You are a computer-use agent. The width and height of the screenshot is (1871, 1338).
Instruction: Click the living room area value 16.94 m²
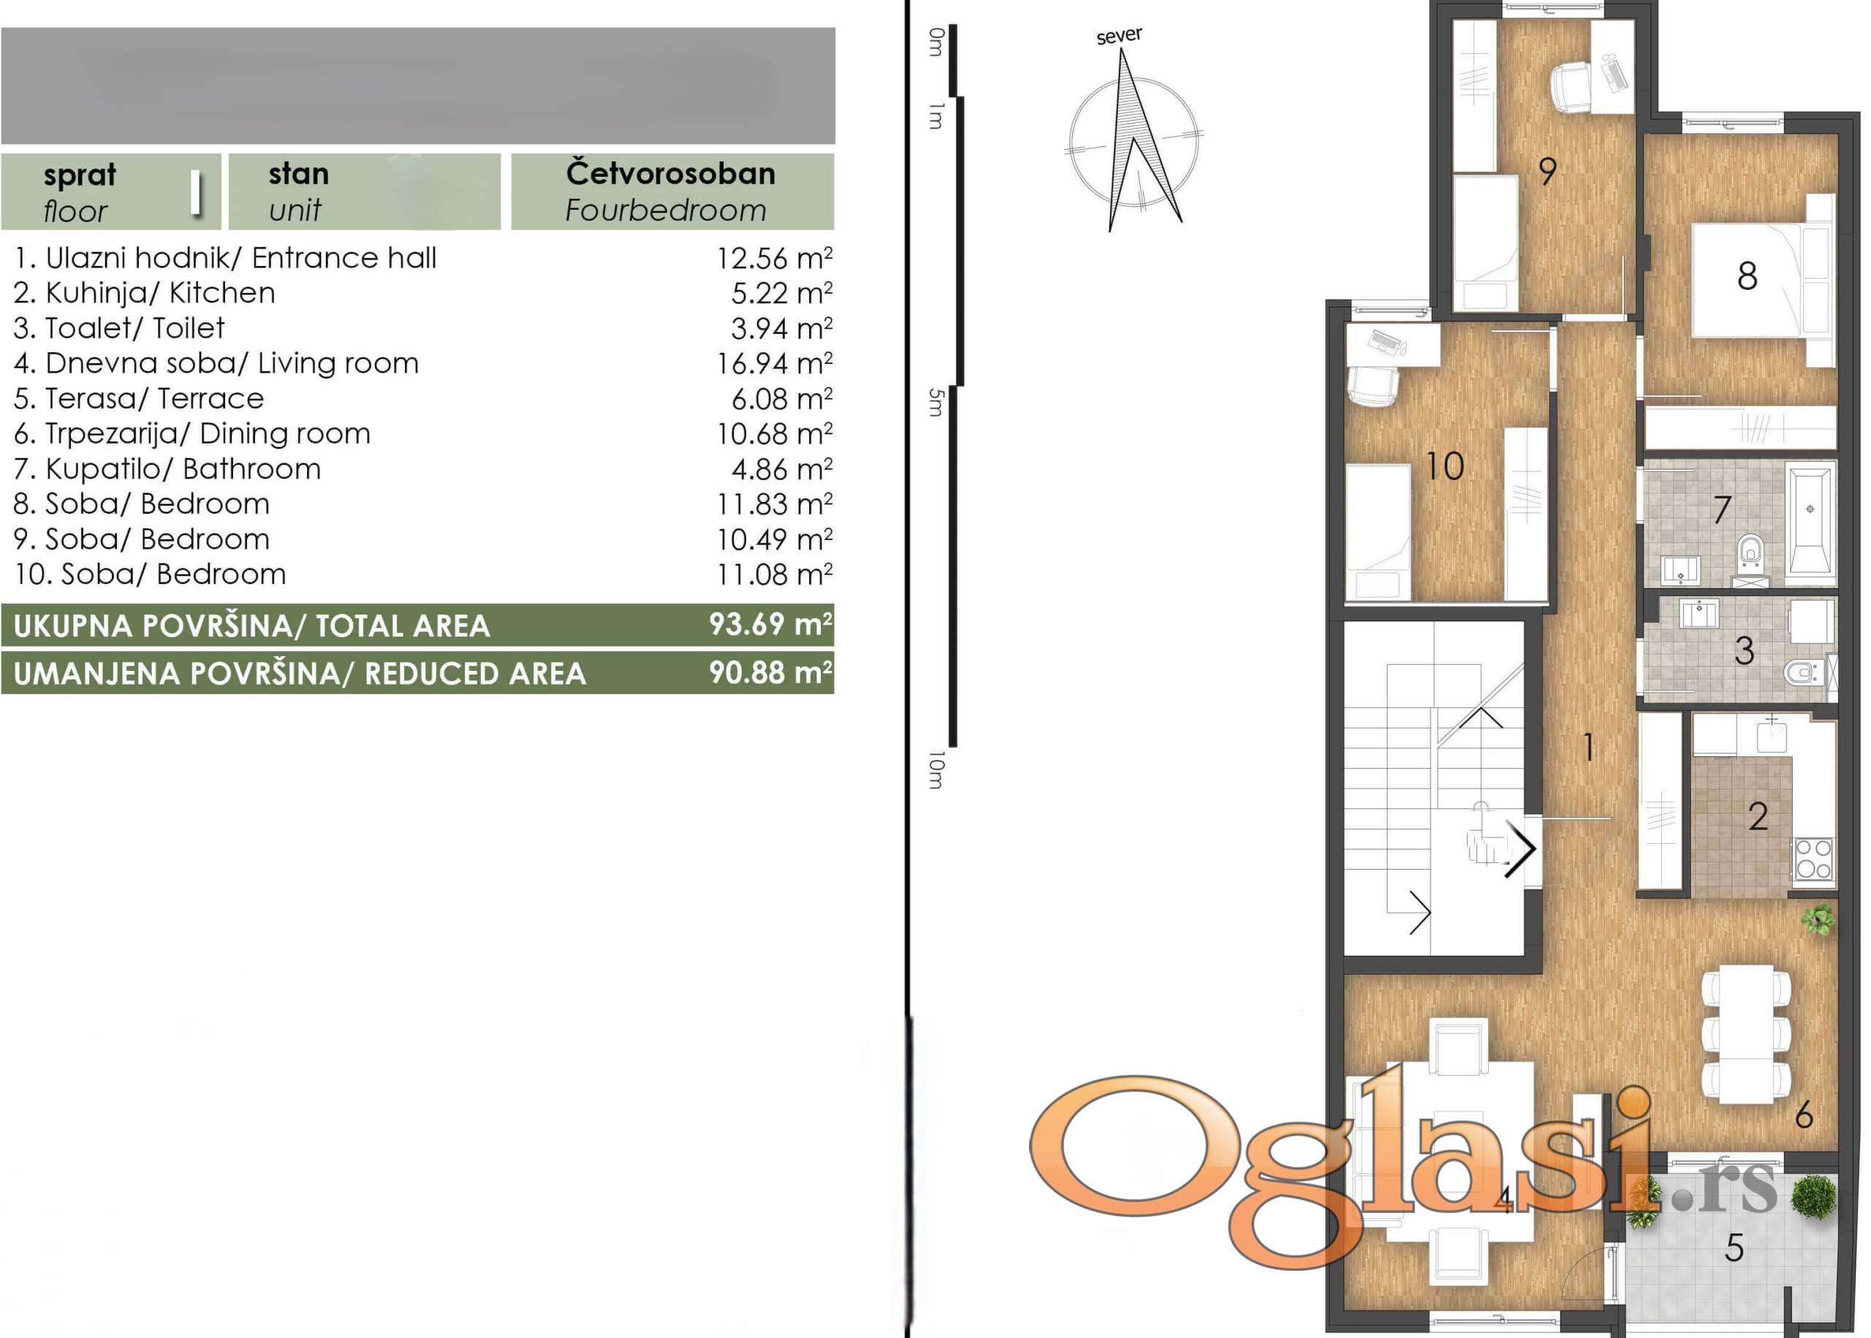coord(775,363)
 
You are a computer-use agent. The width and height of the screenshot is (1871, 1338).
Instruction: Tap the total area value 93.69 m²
coord(771,625)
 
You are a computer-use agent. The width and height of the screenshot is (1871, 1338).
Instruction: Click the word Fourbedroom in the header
coord(666,211)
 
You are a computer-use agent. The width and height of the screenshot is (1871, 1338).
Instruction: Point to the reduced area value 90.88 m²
coord(771,672)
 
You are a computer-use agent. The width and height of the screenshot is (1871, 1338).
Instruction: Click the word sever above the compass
coord(1119,35)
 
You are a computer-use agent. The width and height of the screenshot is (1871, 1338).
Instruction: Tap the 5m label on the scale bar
coord(936,403)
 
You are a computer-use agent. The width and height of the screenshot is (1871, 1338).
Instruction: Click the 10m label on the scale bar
coord(936,769)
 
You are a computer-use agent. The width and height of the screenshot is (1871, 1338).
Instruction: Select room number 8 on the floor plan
coord(1747,276)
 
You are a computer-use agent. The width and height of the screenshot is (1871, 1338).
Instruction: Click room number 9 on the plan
coord(1548,172)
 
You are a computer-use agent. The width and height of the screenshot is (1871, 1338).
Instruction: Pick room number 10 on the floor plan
coord(1445,466)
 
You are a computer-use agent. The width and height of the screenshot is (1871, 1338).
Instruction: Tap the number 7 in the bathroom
coord(1722,510)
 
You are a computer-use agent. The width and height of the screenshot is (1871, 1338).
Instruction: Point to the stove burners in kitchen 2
coord(1813,859)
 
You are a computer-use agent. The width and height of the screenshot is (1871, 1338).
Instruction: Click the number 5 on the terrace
coord(1734,1248)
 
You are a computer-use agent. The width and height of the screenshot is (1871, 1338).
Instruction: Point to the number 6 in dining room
coord(1804,1116)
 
